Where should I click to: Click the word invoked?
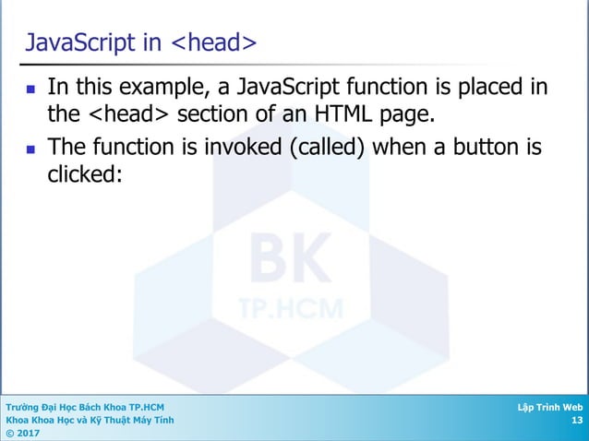(x=234, y=148)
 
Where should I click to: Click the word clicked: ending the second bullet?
(x=85, y=175)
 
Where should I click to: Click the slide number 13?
(x=577, y=421)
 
